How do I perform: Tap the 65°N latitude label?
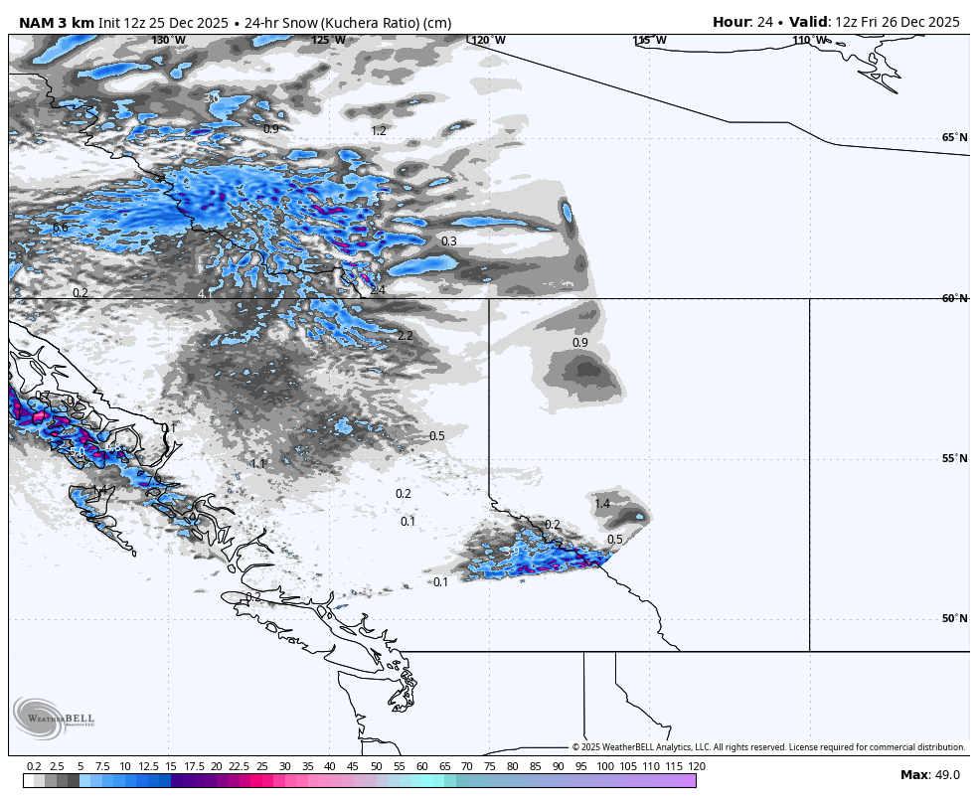954,138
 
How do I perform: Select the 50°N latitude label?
954,618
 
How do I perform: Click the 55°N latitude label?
954,458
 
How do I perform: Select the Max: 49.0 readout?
929,775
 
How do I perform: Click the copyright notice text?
767,747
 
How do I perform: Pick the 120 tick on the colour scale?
697,766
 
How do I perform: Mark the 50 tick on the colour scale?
377,766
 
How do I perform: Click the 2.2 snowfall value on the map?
405,336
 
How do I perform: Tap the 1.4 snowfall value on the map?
602,504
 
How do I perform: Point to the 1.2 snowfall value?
379,130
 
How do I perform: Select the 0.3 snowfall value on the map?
449,241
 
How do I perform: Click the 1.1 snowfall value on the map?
258,464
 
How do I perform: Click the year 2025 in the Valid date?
941,22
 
